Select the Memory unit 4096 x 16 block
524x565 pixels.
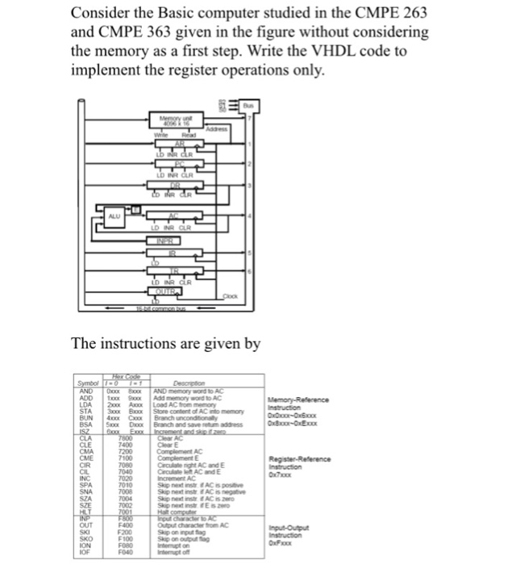(179, 123)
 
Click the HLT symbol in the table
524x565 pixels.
(85, 509)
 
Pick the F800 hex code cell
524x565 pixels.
(125, 517)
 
